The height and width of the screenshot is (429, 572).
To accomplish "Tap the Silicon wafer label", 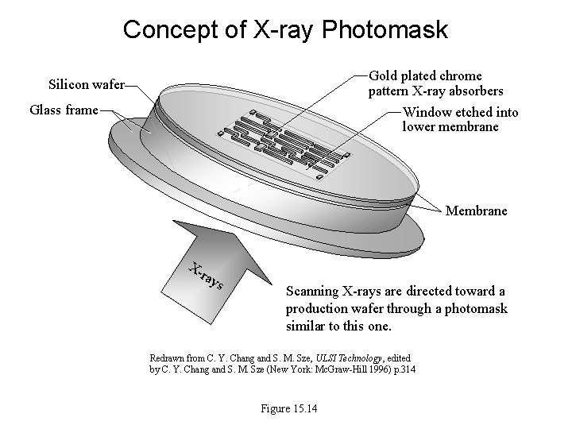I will coord(86,83).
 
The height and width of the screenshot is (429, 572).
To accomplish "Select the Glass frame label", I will coord(64,110).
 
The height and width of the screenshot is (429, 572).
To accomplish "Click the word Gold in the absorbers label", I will coord(384,75).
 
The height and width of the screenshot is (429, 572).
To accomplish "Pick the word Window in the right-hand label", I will coord(427,112).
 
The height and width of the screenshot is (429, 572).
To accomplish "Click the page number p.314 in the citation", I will coord(404,369).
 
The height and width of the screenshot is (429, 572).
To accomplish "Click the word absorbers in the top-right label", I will coord(474,91).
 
